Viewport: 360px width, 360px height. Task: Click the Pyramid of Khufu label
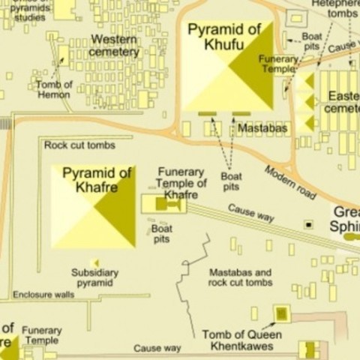223,37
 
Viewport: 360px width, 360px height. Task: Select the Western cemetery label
114,46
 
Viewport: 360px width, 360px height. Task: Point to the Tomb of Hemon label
54,90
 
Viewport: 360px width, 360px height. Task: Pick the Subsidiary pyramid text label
95,277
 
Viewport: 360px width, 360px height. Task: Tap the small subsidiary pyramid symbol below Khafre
95,262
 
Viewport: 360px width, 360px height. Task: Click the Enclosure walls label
43,295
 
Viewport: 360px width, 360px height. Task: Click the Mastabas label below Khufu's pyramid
261,128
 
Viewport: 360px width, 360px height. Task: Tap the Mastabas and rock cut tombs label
240,277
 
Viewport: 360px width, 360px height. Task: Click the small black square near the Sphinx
307,224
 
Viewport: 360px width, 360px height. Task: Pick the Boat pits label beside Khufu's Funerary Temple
311,40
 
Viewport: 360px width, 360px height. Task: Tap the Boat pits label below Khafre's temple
161,233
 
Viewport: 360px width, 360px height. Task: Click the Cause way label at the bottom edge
157,349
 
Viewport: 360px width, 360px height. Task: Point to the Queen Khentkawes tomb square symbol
281,313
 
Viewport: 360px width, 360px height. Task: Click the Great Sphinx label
346,219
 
